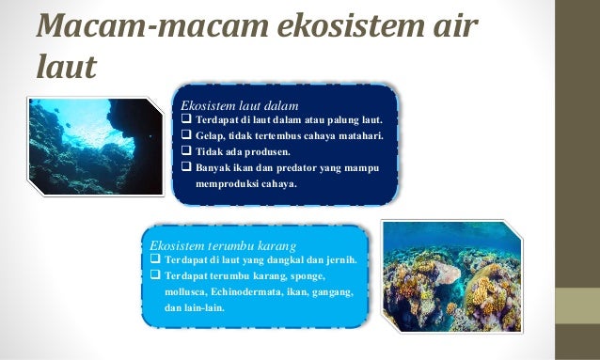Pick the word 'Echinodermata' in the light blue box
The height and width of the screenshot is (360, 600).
click(240, 292)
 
